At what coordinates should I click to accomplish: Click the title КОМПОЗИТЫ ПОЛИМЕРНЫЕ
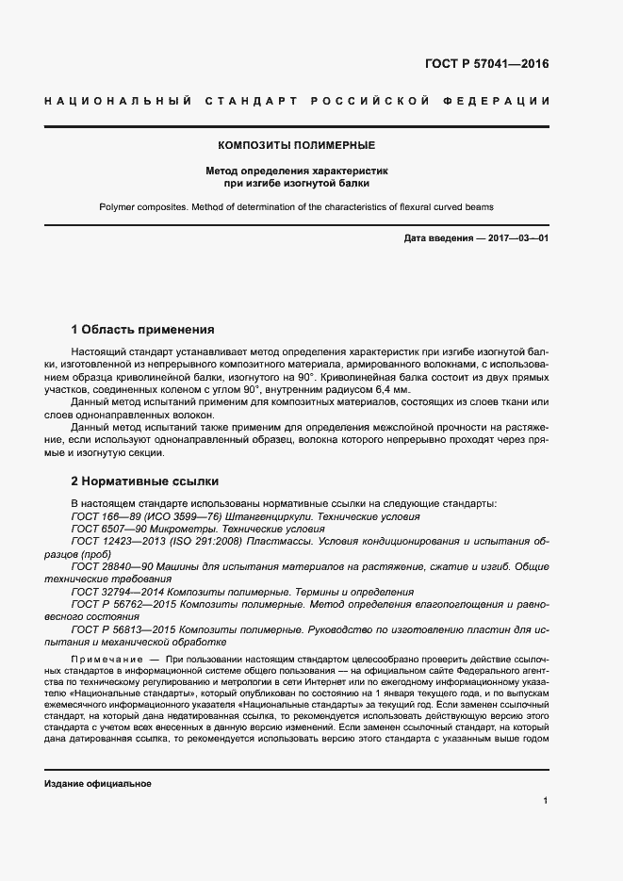(x=297, y=145)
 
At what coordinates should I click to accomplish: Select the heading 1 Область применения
(x=143, y=330)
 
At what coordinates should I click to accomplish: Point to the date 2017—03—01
(x=516, y=238)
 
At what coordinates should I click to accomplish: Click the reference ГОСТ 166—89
(x=105, y=516)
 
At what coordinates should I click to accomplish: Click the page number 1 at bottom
(x=546, y=800)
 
